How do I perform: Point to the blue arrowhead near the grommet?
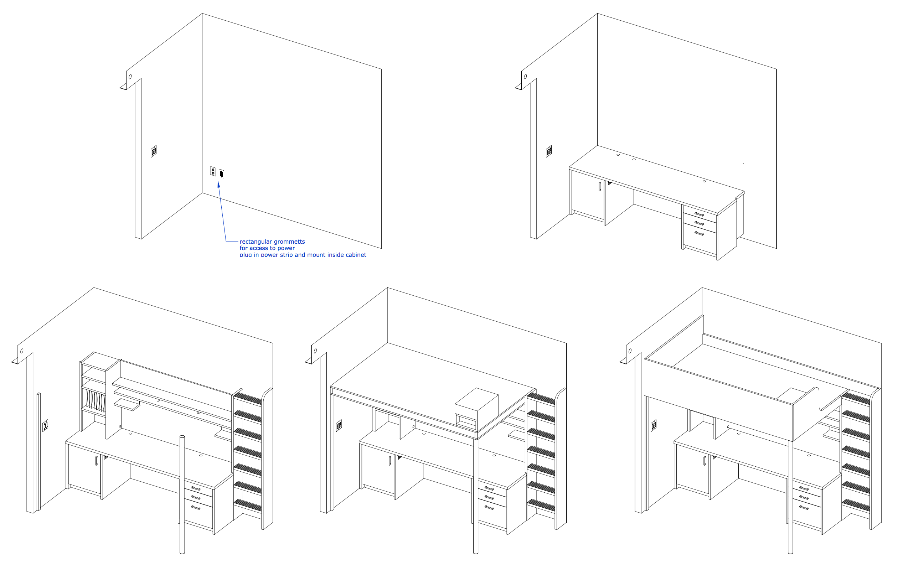(218, 184)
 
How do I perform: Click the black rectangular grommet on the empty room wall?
(222, 174)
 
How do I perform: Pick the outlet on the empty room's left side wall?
(154, 151)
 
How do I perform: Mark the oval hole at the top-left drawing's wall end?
(130, 77)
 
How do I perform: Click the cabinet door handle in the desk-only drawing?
(600, 186)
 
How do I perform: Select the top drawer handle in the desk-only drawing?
(699, 214)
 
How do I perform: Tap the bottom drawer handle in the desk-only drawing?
(699, 233)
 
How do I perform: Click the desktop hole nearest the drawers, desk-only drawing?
(704, 181)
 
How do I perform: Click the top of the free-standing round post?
(182, 436)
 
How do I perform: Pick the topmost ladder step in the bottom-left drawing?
(247, 399)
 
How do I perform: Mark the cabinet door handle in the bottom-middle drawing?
(390, 461)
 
